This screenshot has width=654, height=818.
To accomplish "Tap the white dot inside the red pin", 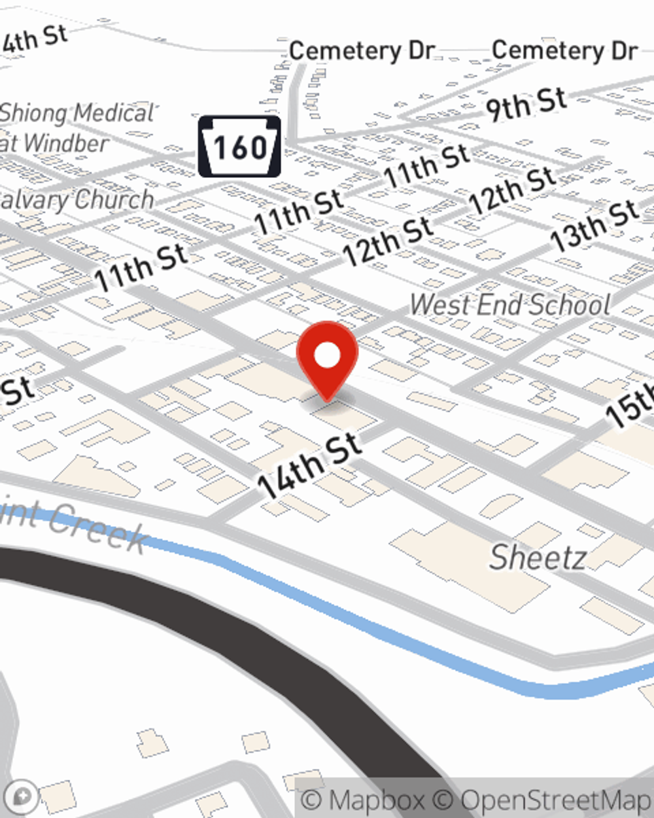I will coord(327,356).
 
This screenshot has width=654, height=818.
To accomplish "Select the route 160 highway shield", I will coord(239,147).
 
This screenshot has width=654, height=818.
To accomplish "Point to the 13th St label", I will coord(594,225).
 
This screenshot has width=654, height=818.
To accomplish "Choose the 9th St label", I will coord(525,104).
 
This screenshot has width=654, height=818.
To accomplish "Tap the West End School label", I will coord(510,305).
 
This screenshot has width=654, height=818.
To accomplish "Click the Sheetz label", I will coord(538,557).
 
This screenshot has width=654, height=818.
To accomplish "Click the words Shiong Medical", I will coord(77,113).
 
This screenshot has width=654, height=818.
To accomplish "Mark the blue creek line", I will coord(392,628).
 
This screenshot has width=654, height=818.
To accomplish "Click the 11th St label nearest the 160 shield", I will coord(299,212).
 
